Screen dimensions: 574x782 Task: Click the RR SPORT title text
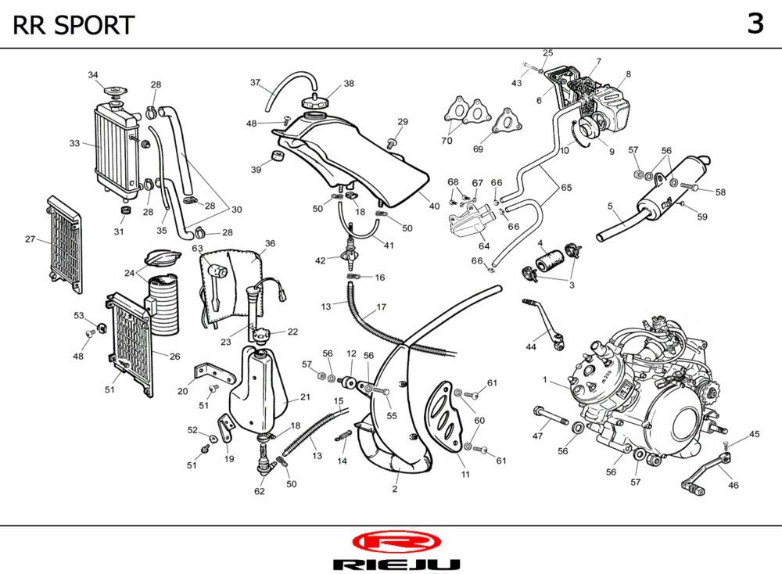[x=74, y=25]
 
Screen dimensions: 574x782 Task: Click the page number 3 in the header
[x=755, y=24]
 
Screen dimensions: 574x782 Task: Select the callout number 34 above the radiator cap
[x=93, y=75]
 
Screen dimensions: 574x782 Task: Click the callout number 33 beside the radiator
[x=74, y=143]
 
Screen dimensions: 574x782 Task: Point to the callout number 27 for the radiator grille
[x=30, y=239]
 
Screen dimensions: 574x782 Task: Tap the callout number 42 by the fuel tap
[x=321, y=260]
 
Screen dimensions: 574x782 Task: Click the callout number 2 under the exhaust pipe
[x=395, y=490]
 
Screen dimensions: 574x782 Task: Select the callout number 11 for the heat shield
[x=465, y=475]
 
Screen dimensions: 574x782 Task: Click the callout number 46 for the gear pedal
[x=733, y=486]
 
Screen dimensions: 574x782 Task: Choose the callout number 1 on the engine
[x=544, y=381]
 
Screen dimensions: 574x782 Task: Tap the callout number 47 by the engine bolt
[x=538, y=436]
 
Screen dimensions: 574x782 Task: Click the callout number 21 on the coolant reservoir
[x=305, y=398]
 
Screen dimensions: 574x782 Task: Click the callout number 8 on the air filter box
[x=627, y=74]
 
